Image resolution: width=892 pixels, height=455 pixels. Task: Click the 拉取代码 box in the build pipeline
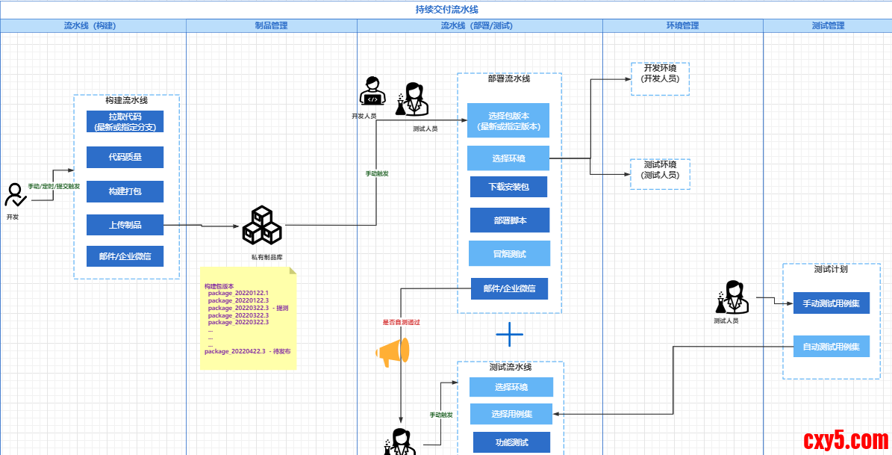125,121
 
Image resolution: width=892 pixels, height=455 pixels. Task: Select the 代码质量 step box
125,157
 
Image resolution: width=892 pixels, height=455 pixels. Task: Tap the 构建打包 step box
125,191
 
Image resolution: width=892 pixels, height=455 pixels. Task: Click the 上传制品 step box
125,225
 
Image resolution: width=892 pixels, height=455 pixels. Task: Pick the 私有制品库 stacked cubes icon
261,225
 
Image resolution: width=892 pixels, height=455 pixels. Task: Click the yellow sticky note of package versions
248,318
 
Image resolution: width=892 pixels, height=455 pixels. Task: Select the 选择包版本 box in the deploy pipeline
508,121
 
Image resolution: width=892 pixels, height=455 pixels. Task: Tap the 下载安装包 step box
508,187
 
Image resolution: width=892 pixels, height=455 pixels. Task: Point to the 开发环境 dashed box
660,78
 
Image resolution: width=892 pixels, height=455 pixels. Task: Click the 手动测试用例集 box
831,303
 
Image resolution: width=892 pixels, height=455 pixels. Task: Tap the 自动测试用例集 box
831,347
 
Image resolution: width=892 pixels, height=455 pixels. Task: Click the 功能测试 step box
511,442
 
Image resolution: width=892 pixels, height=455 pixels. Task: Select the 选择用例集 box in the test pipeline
511,414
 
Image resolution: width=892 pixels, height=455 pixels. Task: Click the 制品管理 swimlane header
271,25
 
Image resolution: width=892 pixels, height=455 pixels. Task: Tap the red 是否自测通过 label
402,322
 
